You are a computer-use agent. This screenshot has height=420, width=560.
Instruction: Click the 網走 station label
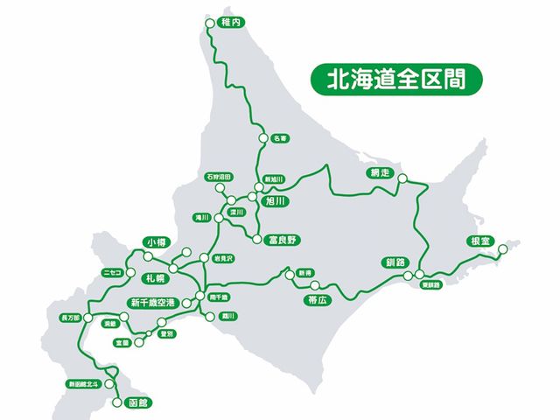click(379, 172)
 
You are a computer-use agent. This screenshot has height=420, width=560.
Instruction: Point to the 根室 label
click(481, 242)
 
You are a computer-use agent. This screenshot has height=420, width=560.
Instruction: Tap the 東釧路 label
click(430, 284)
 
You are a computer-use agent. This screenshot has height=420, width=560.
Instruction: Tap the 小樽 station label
click(157, 241)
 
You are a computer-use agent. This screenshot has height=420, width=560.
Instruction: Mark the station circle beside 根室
click(502, 251)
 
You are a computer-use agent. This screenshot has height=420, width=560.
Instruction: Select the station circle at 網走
click(402, 178)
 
